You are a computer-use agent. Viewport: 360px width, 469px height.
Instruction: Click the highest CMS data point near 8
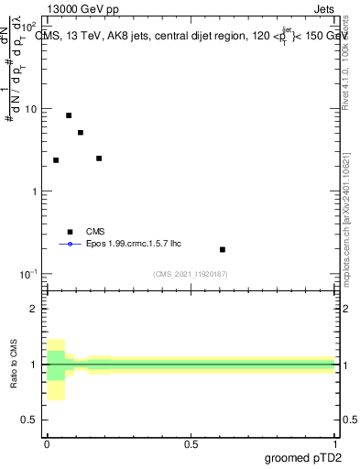click(69, 115)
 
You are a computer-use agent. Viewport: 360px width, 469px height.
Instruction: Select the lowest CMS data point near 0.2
click(223, 249)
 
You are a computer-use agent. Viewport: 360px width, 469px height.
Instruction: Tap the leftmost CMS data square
click(56, 160)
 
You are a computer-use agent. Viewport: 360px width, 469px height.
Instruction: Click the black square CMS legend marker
click(69, 232)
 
